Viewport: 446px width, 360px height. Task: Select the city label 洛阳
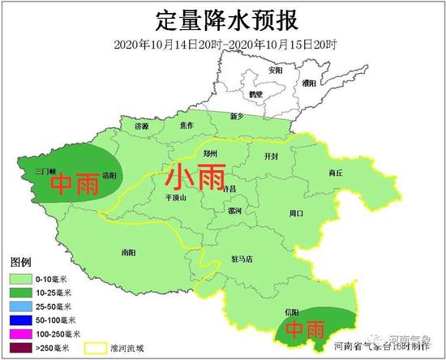[x=108, y=175]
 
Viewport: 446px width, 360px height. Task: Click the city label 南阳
[x=127, y=252]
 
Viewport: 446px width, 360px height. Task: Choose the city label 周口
[x=296, y=214]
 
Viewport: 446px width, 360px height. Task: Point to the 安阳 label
[x=276, y=71]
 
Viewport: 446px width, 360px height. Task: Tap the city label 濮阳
[x=309, y=83]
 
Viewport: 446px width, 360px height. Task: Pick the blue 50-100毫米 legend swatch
[x=19, y=320]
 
